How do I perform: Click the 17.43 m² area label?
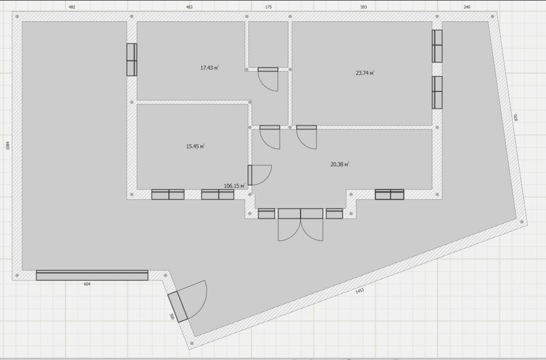tap(209, 68)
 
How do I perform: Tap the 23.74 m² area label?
tap(365, 73)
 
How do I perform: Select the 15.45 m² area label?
tap(195, 146)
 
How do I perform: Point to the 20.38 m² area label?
tap(340, 164)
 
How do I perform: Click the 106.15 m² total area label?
tap(234, 186)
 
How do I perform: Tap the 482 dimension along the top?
tap(72, 7)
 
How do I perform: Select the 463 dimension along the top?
tap(189, 7)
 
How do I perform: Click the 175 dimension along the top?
tap(269, 7)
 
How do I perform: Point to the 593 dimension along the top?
tap(364, 7)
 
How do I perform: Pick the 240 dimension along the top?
tap(467, 7)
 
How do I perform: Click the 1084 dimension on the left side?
tap(8, 145)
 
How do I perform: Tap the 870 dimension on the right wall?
tap(516, 117)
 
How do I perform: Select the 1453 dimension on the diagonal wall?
tap(359, 291)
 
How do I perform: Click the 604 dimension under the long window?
tap(87, 284)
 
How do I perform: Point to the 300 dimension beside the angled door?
tap(171, 316)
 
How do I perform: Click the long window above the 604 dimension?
tap(92, 275)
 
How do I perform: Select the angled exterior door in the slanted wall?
tap(178, 307)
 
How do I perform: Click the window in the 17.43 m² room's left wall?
tap(132, 60)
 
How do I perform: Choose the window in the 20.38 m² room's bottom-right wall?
tap(389, 194)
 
